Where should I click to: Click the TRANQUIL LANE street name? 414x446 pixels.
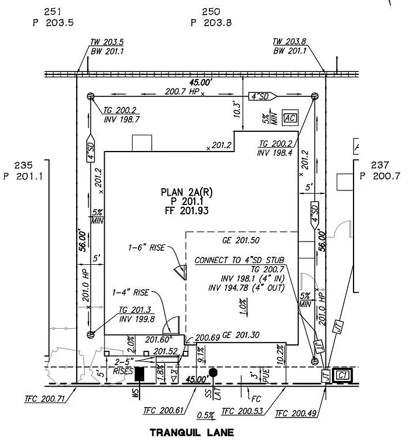pos(191,432)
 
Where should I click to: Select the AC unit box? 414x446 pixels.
pos(290,118)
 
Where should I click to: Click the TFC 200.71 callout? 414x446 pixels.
pos(46,399)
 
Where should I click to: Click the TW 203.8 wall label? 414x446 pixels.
pos(290,42)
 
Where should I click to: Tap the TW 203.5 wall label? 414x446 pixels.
pos(107,42)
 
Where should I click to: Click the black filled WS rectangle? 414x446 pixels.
pos(140,374)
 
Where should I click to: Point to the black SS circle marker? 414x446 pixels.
pos(213,372)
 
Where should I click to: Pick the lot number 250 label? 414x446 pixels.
pos(211,12)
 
